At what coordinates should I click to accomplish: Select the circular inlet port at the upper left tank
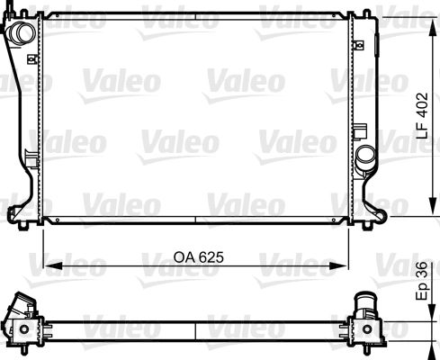pos(22,33)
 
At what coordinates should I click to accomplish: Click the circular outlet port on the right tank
pos(365,157)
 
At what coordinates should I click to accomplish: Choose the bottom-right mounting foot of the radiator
pos(382,212)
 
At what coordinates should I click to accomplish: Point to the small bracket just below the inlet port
pos(33,59)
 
